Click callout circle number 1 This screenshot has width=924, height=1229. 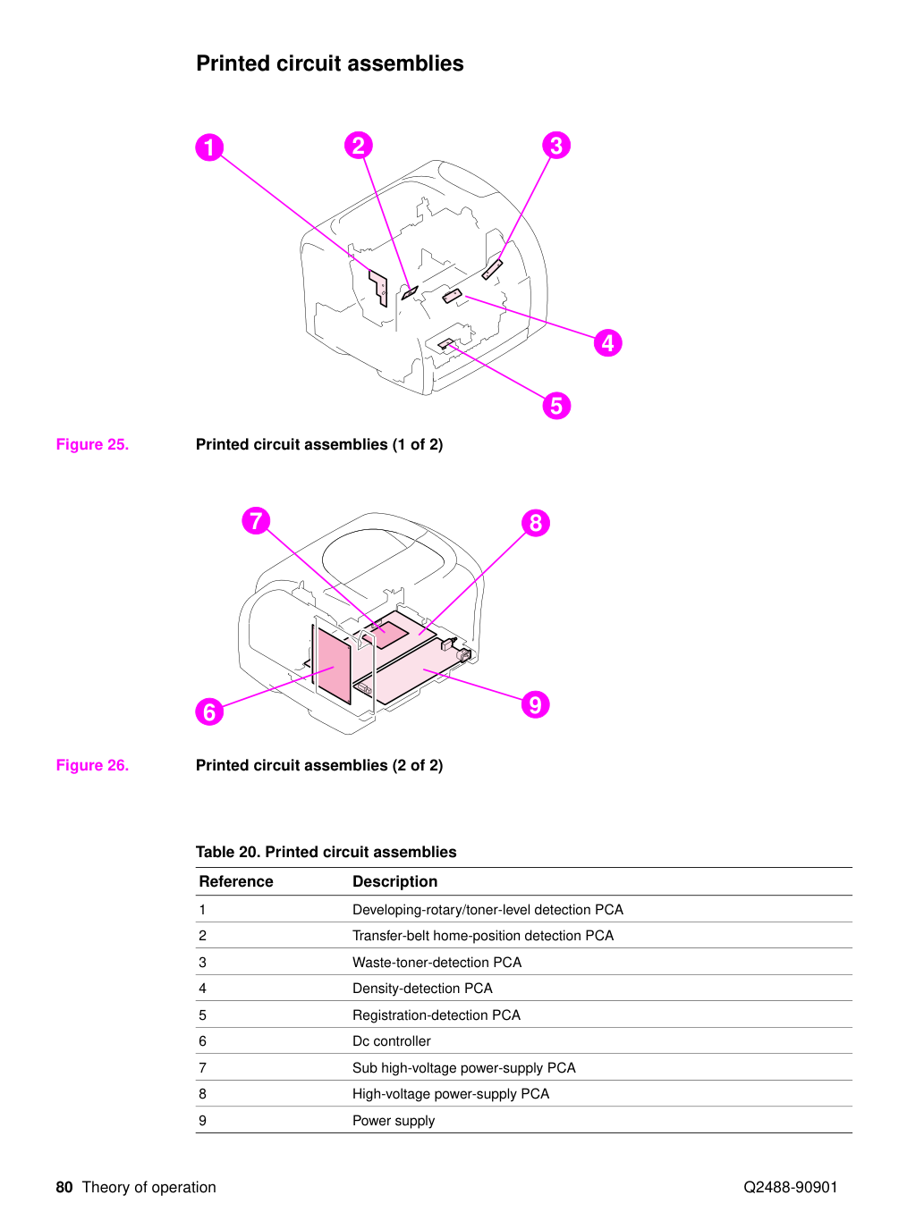click(209, 147)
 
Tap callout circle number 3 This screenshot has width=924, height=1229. click(555, 146)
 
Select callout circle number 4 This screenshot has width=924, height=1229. click(607, 342)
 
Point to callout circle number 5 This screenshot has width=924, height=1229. click(555, 406)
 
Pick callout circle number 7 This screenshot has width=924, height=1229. click(256, 520)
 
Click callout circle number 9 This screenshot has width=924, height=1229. click(535, 703)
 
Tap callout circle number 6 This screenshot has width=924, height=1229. click(209, 711)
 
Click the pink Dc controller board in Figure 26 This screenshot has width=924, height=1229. click(334, 665)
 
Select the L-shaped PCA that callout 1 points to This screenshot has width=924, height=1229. click(379, 288)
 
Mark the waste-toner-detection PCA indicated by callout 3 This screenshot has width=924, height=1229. click(492, 269)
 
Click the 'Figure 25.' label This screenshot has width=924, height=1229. click(92, 444)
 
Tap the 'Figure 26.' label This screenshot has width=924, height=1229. click(92, 765)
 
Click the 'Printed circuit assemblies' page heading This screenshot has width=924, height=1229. click(329, 63)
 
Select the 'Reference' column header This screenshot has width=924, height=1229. click(236, 881)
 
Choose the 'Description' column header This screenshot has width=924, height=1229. click(394, 881)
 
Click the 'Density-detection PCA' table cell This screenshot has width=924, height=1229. click(422, 989)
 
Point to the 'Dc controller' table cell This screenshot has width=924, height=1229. click(391, 1041)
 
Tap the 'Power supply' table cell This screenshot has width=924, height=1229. click(394, 1120)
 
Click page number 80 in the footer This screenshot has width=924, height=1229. click(64, 1187)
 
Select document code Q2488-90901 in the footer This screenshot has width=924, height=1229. click(790, 1187)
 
